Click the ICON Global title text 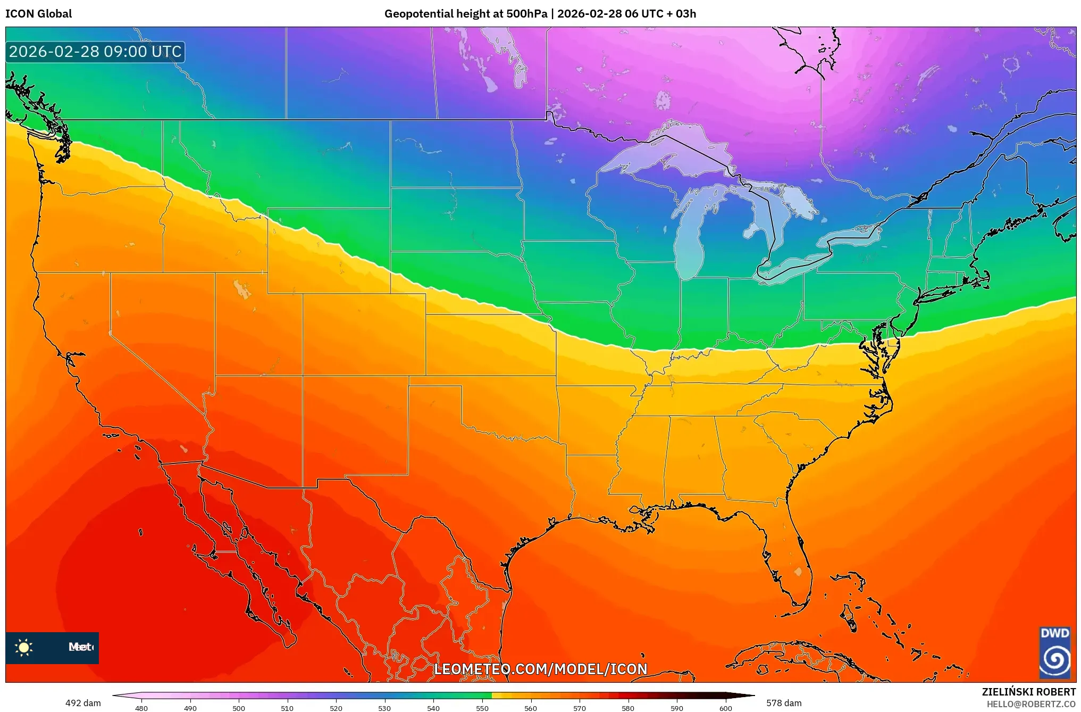tap(38, 14)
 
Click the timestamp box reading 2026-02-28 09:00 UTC tap(95, 52)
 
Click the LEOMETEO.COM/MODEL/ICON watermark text tap(540, 669)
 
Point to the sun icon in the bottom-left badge tap(24, 648)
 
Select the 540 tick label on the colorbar tap(433, 708)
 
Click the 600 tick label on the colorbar tap(725, 708)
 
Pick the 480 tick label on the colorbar tap(141, 708)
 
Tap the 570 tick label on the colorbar tap(580, 708)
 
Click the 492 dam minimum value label tap(83, 703)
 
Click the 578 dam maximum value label tap(784, 703)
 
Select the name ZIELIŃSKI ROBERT tap(1028, 692)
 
